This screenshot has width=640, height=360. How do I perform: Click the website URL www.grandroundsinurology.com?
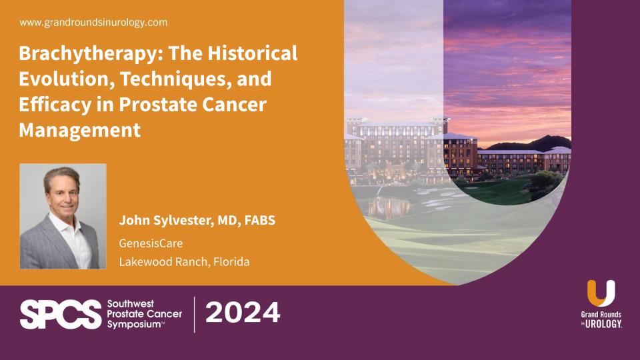(x=93, y=23)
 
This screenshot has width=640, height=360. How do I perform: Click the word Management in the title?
(x=79, y=129)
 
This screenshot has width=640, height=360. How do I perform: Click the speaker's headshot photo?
(x=63, y=216)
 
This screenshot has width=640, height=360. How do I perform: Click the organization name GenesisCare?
(x=151, y=243)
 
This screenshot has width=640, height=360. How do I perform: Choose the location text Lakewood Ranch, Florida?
(x=184, y=261)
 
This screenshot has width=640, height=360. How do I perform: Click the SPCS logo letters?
(x=59, y=314)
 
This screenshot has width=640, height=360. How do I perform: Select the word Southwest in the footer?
(x=131, y=303)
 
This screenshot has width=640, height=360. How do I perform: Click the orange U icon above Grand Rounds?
(x=601, y=293)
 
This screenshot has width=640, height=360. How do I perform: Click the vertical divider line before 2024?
(x=195, y=314)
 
